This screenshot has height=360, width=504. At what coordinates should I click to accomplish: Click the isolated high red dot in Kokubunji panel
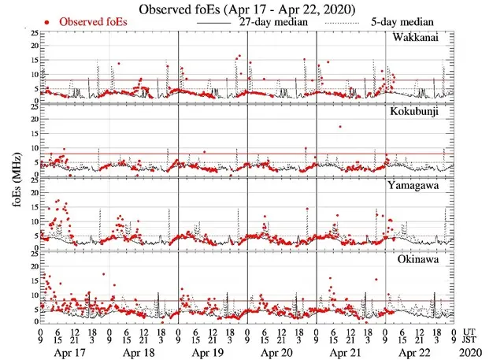tap(340, 126)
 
